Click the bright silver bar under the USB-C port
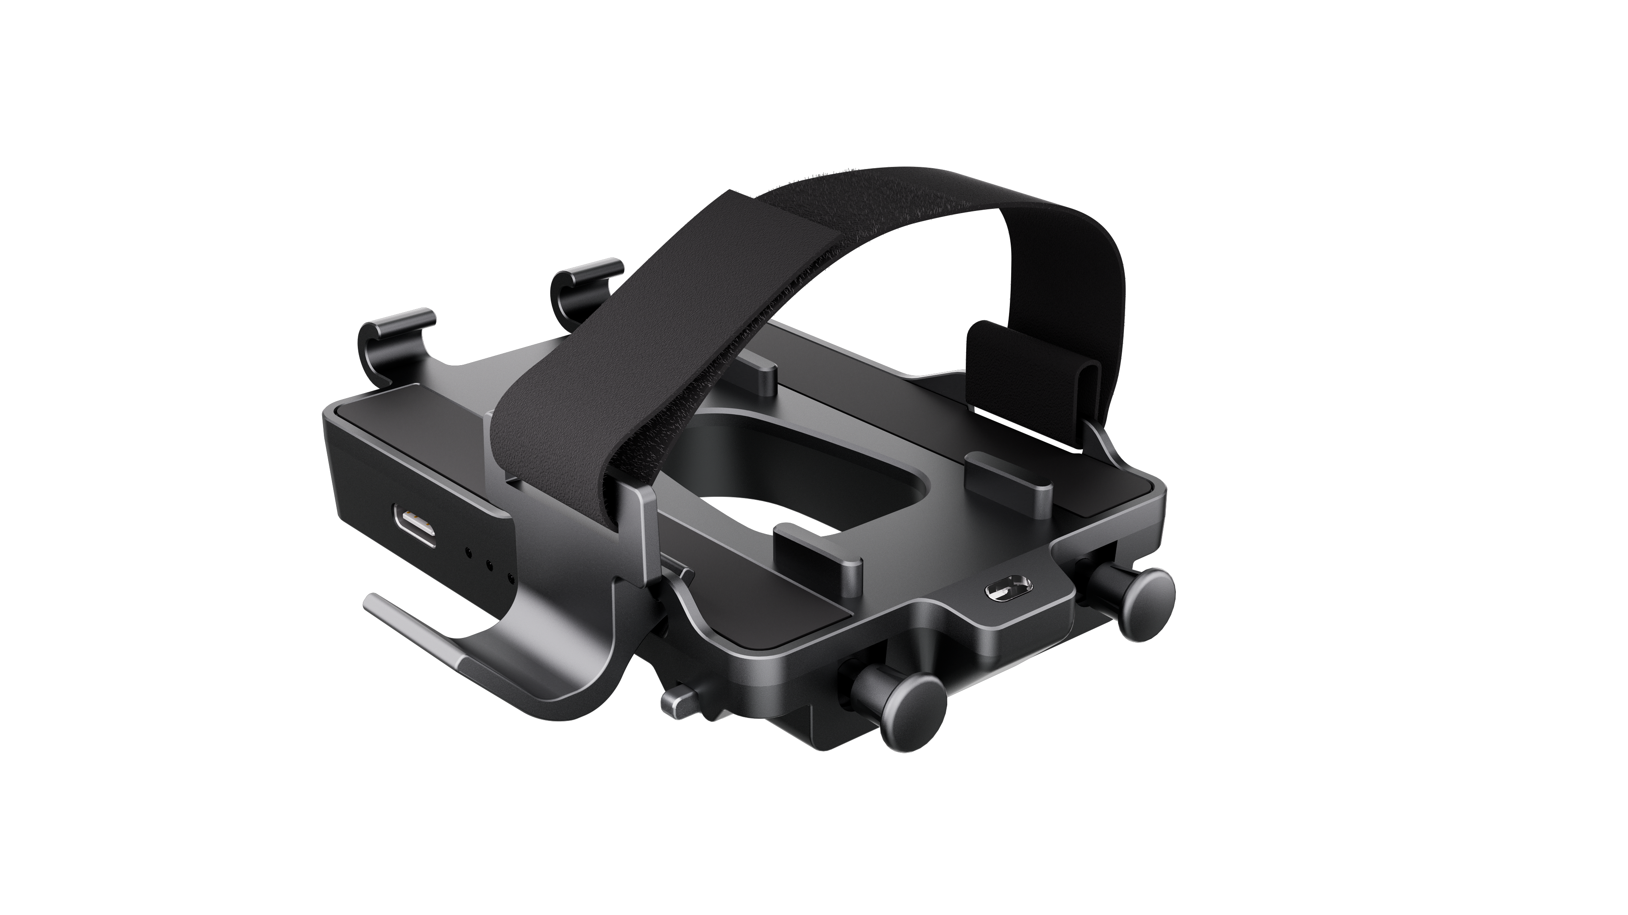pos(417,632)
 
